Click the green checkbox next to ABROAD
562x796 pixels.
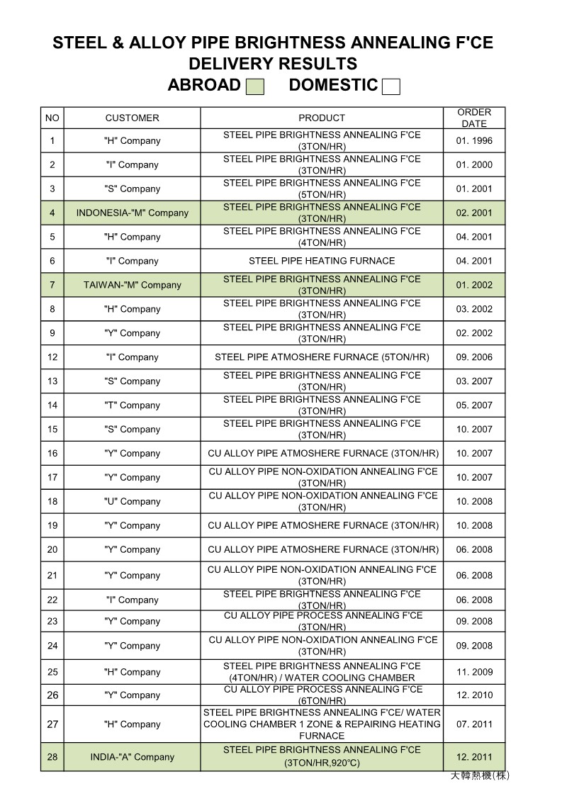[x=254, y=86]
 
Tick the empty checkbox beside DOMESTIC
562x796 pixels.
[x=390, y=86]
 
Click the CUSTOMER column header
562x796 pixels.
[x=132, y=118]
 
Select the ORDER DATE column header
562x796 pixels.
[x=474, y=118]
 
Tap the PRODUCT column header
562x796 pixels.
[x=322, y=118]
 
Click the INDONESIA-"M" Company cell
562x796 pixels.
[x=132, y=213]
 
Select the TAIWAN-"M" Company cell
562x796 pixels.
[x=132, y=285]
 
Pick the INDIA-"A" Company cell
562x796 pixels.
[x=132, y=757]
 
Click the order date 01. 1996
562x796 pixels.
[x=474, y=140]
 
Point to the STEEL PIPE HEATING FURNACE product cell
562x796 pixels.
[x=322, y=261]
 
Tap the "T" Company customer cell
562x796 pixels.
[x=132, y=405]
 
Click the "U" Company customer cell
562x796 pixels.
[x=132, y=501]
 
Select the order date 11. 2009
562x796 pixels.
[x=474, y=672]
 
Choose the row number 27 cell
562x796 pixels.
[x=52, y=724]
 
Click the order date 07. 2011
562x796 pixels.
[x=474, y=724]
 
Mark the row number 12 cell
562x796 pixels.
[x=52, y=357]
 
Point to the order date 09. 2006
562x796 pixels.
[x=474, y=357]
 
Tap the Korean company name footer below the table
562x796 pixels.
[x=480, y=776]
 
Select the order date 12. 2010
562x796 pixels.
[x=474, y=695]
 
